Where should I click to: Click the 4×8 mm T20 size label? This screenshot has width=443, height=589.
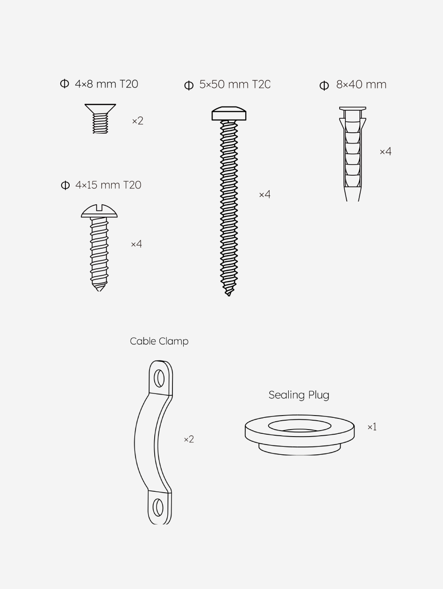[107, 84]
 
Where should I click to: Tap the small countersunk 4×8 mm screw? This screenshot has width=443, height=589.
[100, 119]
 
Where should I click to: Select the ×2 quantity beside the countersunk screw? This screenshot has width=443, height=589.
[138, 121]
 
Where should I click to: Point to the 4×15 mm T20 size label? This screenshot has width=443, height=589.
[108, 185]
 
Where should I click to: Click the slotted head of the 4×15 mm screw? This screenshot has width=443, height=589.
[99, 211]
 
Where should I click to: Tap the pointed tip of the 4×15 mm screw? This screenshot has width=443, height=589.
[99, 291]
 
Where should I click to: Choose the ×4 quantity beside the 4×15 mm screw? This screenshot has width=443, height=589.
[136, 244]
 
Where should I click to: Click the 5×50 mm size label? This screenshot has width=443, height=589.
[235, 84]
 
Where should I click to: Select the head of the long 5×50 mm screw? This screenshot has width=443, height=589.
[229, 114]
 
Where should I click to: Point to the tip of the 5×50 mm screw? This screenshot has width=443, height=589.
[229, 295]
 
